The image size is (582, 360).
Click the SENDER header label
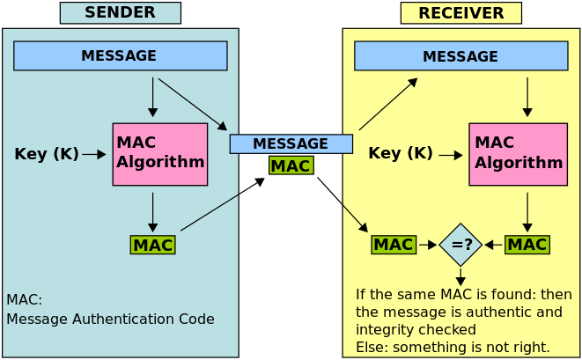(x=120, y=12)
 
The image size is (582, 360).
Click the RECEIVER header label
(x=460, y=13)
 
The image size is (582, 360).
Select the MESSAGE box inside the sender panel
(x=120, y=55)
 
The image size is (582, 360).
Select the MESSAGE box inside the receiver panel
(x=460, y=56)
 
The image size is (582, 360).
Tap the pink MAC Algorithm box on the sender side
(x=160, y=153)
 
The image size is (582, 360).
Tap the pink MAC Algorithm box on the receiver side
(x=518, y=154)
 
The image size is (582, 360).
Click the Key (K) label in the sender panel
(x=47, y=154)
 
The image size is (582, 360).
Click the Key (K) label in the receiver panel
(x=401, y=153)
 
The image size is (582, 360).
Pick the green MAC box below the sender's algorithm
(x=152, y=245)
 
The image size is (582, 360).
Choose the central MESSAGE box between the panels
(x=291, y=143)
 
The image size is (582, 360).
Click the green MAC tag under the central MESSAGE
(x=291, y=165)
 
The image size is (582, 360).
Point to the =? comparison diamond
(x=461, y=245)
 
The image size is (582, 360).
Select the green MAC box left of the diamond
(x=394, y=245)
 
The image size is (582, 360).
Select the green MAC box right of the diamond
(x=527, y=245)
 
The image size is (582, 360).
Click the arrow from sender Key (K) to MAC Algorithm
(x=93, y=154)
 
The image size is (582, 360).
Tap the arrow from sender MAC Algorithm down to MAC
(x=153, y=212)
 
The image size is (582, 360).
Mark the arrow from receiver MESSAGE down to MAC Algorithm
(x=527, y=97)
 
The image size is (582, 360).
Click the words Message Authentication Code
(x=110, y=319)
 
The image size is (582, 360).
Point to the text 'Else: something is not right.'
(x=453, y=347)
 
